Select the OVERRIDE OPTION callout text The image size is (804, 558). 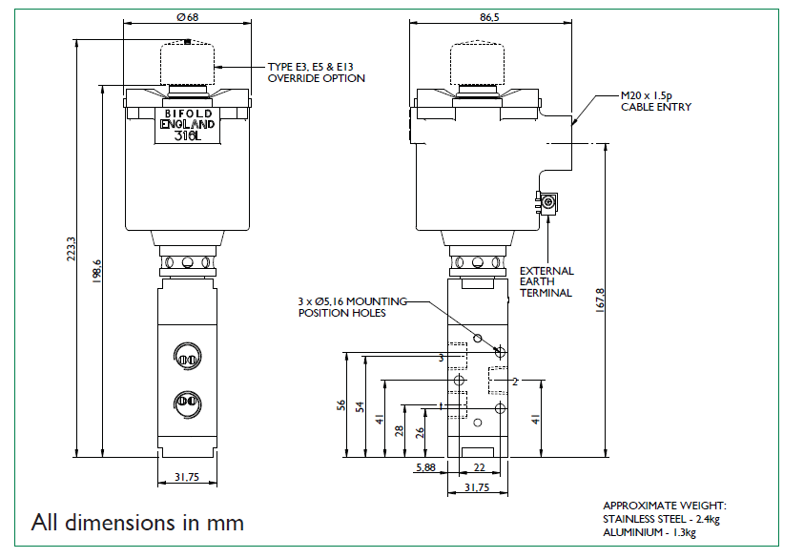pyautogui.click(x=316, y=72)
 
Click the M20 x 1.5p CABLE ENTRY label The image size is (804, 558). pyautogui.click(x=656, y=101)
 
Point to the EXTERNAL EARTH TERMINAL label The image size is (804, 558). pyautogui.click(x=546, y=281)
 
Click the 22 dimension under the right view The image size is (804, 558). pyautogui.click(x=480, y=467)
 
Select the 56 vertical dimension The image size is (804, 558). pyautogui.click(x=341, y=405)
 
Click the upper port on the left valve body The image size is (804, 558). pyautogui.click(x=187, y=359)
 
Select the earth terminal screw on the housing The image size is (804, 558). pyautogui.click(x=549, y=201)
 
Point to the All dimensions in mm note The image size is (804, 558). pyautogui.click(x=137, y=523)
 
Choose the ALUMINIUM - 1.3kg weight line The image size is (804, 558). pyautogui.click(x=653, y=532)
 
